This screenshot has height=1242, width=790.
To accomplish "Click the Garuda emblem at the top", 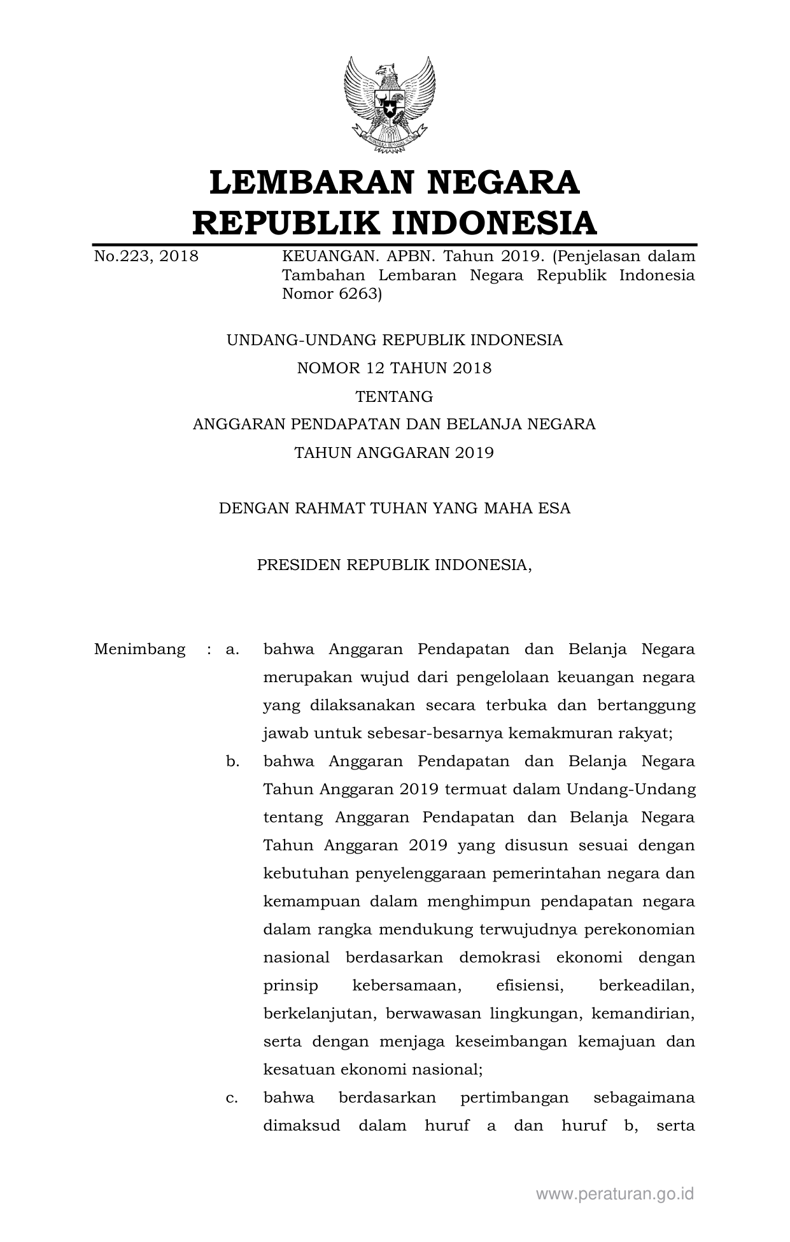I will click(390, 105).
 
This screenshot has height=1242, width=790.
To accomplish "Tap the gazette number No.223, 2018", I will click(146, 257).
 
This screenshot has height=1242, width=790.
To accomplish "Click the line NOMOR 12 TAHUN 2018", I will click(394, 368).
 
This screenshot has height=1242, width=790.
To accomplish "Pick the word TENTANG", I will click(394, 397).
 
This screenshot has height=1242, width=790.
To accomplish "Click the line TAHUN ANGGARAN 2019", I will click(394, 453).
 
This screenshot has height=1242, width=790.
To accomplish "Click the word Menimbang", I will click(140, 650).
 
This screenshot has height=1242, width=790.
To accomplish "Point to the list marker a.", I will click(232, 650).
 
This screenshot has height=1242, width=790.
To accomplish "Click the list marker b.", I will click(232, 762).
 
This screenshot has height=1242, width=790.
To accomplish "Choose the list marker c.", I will click(232, 1098).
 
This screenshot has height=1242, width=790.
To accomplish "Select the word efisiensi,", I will click(530, 986).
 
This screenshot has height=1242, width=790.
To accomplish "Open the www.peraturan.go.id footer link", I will click(614, 1194).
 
